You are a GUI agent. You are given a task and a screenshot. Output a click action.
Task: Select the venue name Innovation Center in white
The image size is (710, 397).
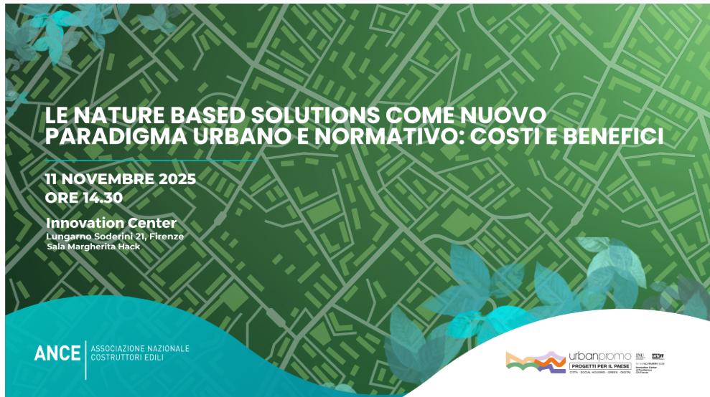click(111, 223)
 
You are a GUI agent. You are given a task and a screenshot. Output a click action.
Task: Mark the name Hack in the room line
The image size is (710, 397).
click(130, 247)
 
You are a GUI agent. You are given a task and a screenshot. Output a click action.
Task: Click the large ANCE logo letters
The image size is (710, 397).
click(57, 353)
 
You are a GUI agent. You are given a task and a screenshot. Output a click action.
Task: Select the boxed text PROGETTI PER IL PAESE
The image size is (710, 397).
click(599, 366)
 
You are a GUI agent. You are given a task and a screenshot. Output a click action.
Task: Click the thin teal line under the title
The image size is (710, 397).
click(151, 161)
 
